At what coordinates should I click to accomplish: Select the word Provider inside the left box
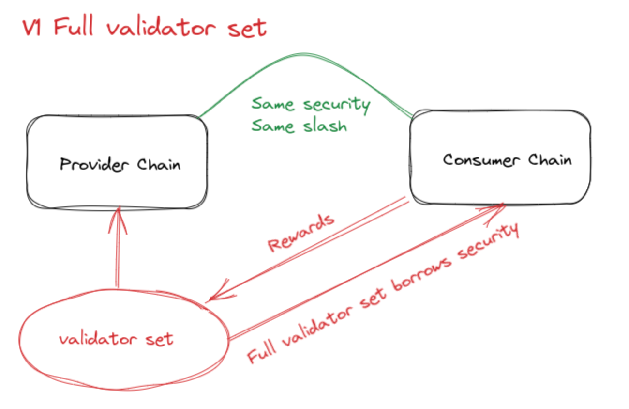tap(94, 164)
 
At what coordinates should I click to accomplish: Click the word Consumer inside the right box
tap(479, 160)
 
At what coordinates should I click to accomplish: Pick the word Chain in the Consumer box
tap(550, 160)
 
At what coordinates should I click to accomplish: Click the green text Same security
tap(311, 104)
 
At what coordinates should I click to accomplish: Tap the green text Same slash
tap(300, 126)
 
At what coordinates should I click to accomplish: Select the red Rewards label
tap(301, 233)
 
